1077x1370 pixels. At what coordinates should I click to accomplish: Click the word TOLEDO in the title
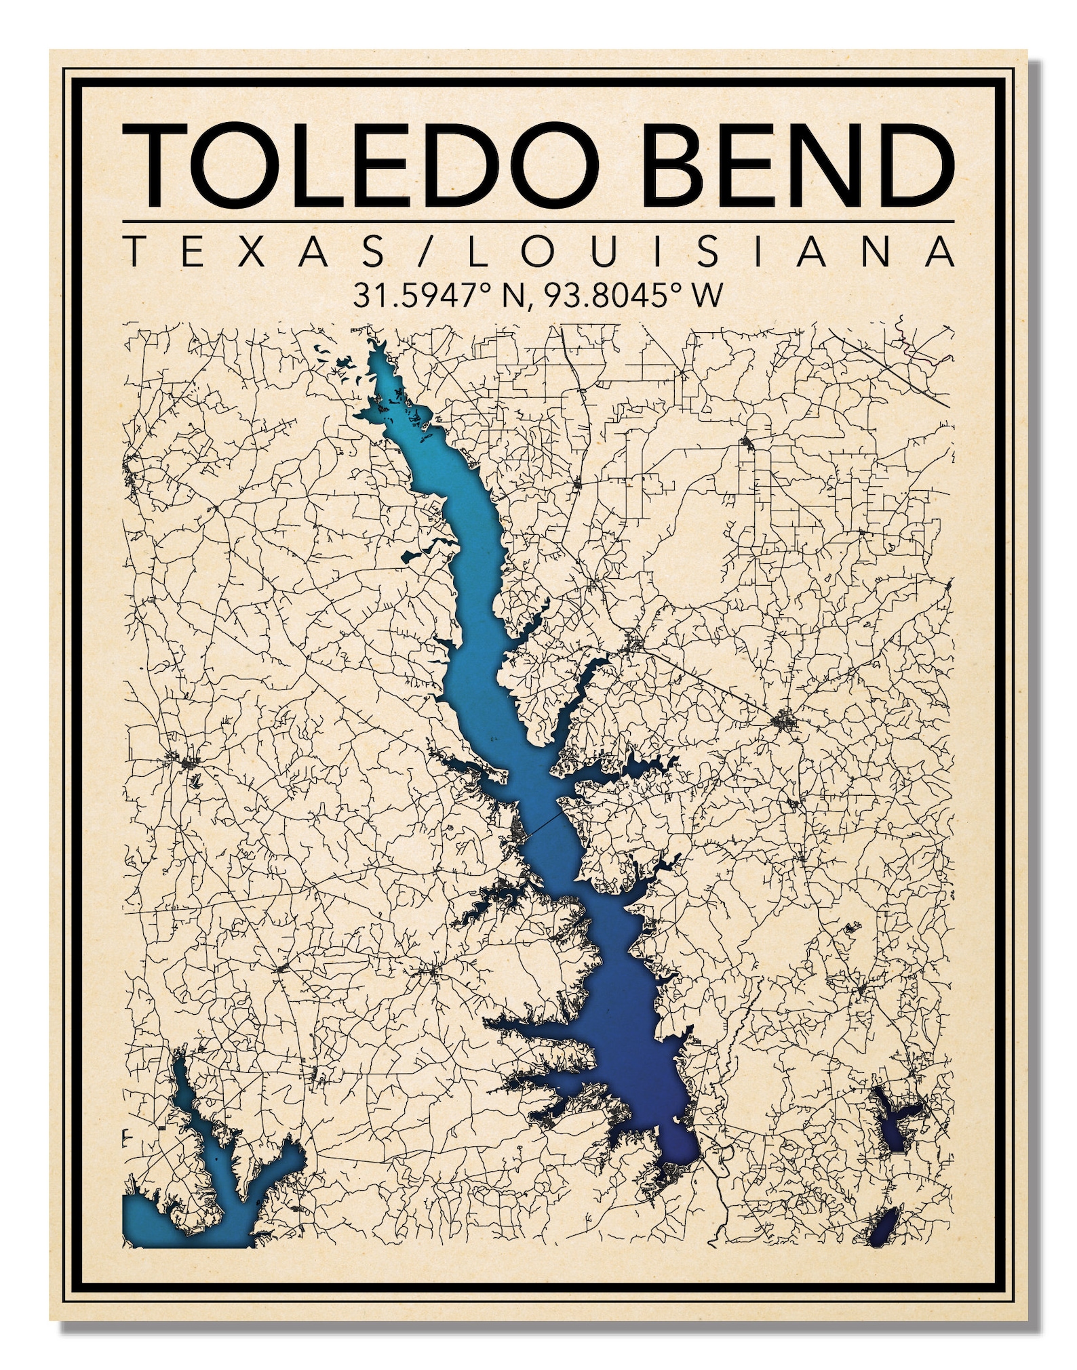pyautogui.click(x=359, y=166)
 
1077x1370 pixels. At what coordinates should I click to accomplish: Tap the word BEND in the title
pyautogui.click(x=797, y=166)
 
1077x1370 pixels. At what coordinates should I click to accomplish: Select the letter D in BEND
pyautogui.click(x=913, y=166)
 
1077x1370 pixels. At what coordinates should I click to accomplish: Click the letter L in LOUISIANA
pyautogui.click(x=475, y=251)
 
